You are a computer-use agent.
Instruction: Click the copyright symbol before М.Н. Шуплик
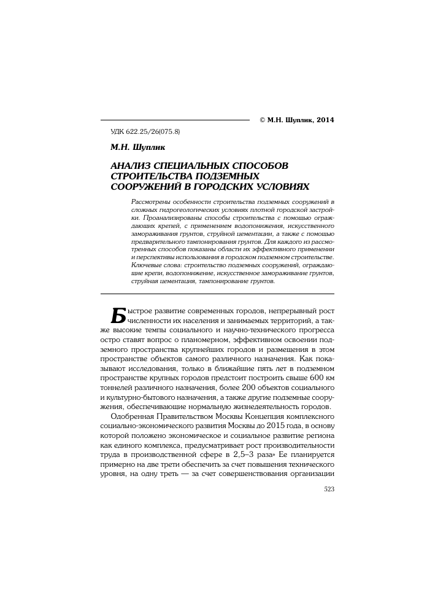click(263, 120)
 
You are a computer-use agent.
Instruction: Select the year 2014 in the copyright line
click(324, 120)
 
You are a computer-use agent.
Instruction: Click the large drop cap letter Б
click(117, 314)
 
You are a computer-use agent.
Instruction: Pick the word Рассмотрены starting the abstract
click(150, 202)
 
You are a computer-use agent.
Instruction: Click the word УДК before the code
click(117, 132)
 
